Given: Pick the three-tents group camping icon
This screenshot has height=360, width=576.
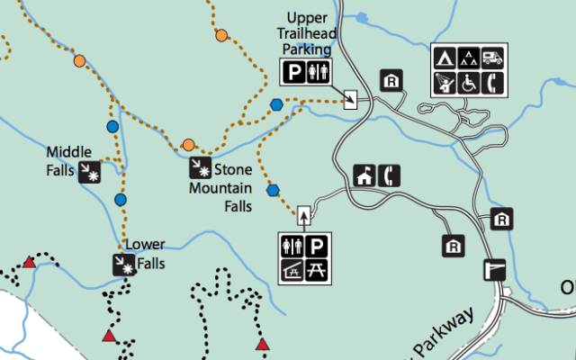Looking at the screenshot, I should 468,58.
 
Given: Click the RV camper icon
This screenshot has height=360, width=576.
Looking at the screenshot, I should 491,58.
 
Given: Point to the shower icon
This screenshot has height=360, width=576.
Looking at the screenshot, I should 445,82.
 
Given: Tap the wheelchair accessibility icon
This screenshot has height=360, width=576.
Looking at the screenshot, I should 468,82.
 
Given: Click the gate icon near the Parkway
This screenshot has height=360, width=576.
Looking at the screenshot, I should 494,268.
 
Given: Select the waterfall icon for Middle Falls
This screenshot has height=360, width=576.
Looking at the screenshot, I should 90,172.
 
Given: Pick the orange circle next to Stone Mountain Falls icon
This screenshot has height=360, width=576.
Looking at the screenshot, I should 189,145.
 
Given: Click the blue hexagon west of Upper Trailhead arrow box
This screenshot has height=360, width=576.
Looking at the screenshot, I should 276,104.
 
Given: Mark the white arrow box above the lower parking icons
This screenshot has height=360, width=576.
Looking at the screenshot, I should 304,214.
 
